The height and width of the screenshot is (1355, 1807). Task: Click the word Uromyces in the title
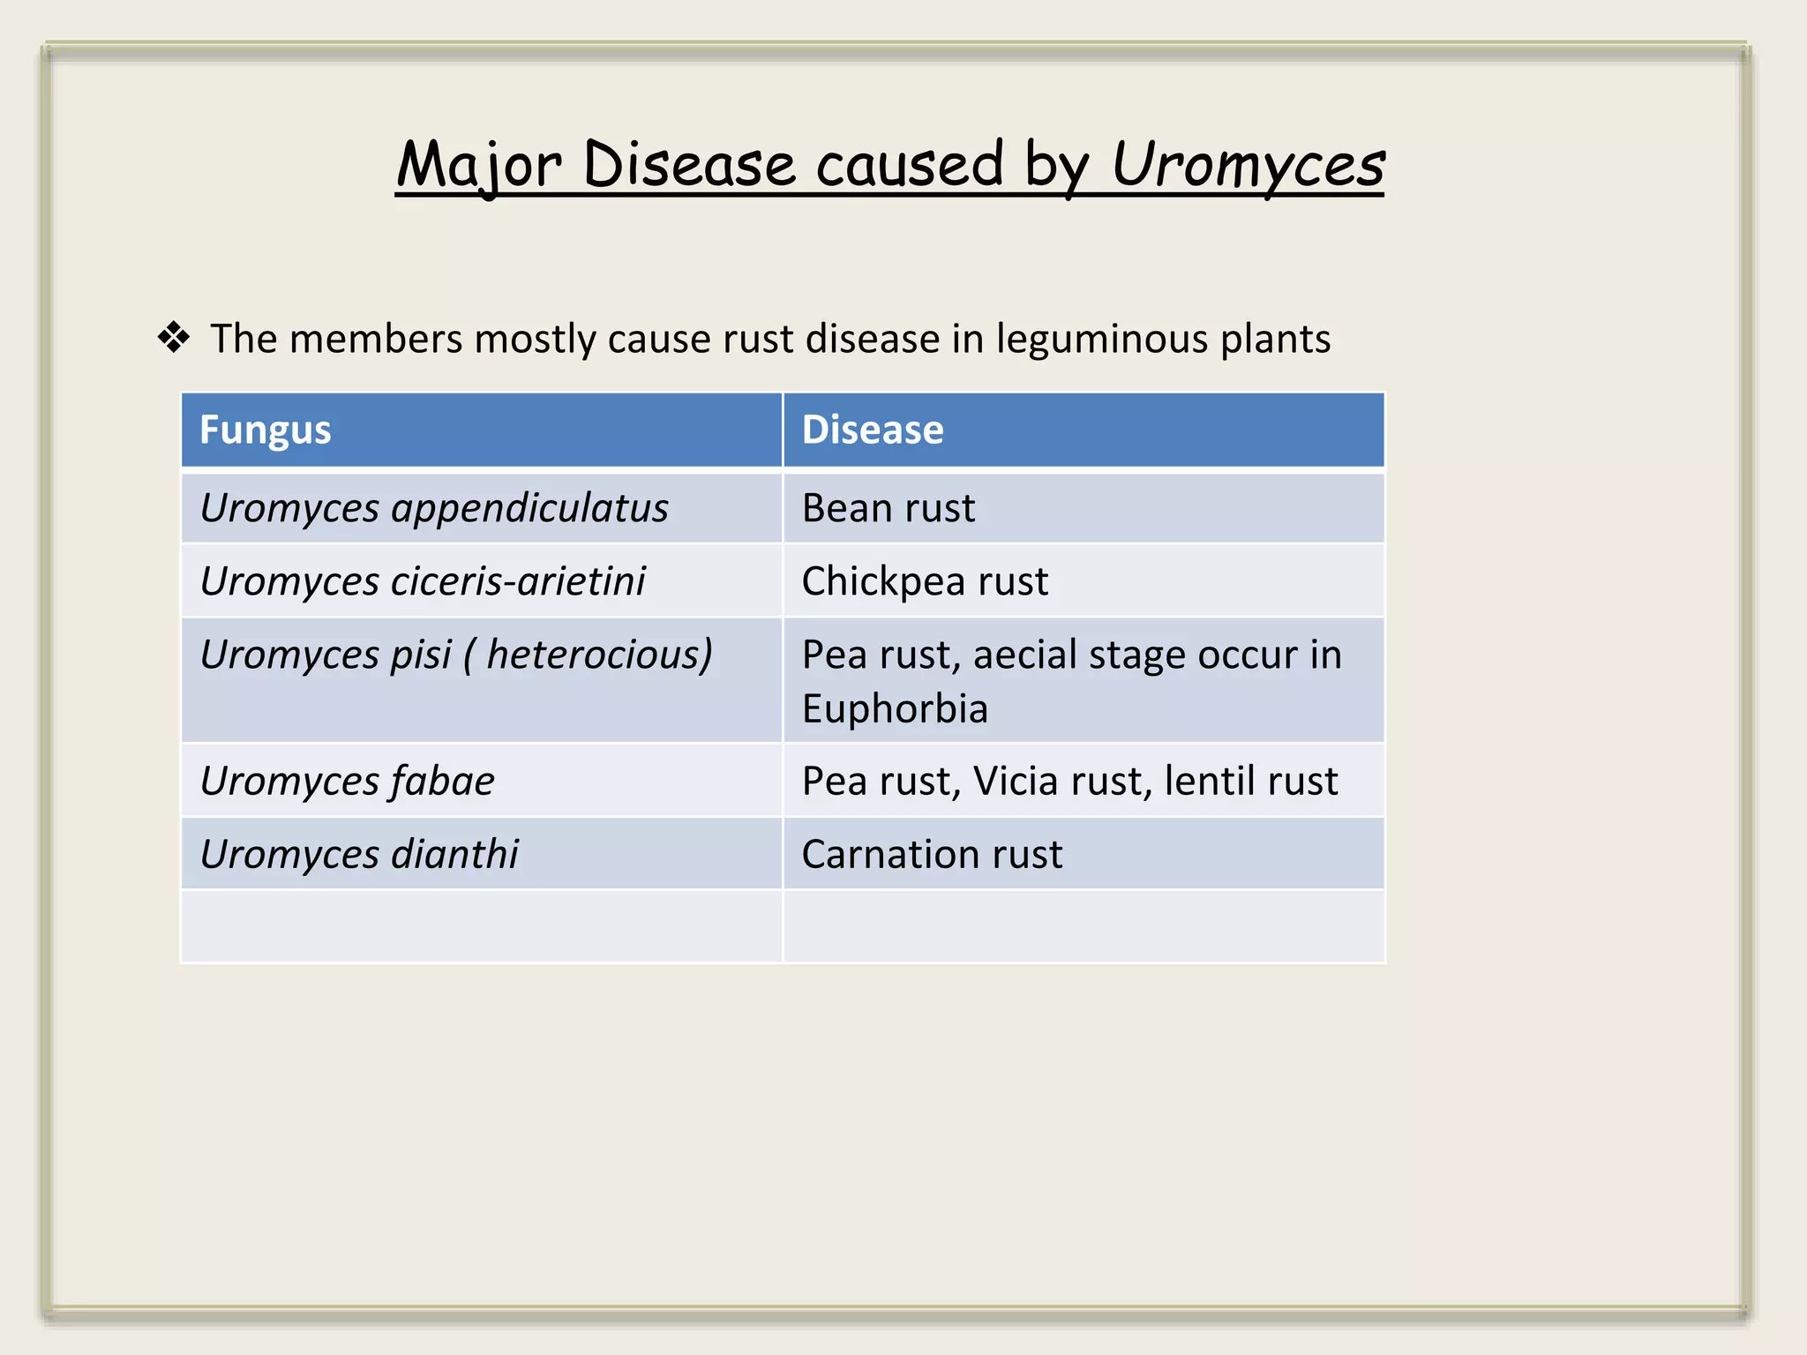1247,165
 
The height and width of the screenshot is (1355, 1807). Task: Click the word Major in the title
479,165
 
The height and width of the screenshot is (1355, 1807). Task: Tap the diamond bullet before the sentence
174,338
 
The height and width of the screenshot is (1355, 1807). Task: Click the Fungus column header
265,430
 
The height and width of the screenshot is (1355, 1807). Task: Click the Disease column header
872,430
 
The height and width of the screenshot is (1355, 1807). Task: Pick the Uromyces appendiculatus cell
434,508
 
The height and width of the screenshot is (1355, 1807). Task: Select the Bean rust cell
888,508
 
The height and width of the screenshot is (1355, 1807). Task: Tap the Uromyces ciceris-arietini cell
423,581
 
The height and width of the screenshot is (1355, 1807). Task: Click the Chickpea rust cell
924,581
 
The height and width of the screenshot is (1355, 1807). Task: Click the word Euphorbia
894,709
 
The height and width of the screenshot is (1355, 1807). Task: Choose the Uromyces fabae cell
347,781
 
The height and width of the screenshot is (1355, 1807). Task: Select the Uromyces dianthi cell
359,854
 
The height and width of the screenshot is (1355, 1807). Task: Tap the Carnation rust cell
931,854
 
